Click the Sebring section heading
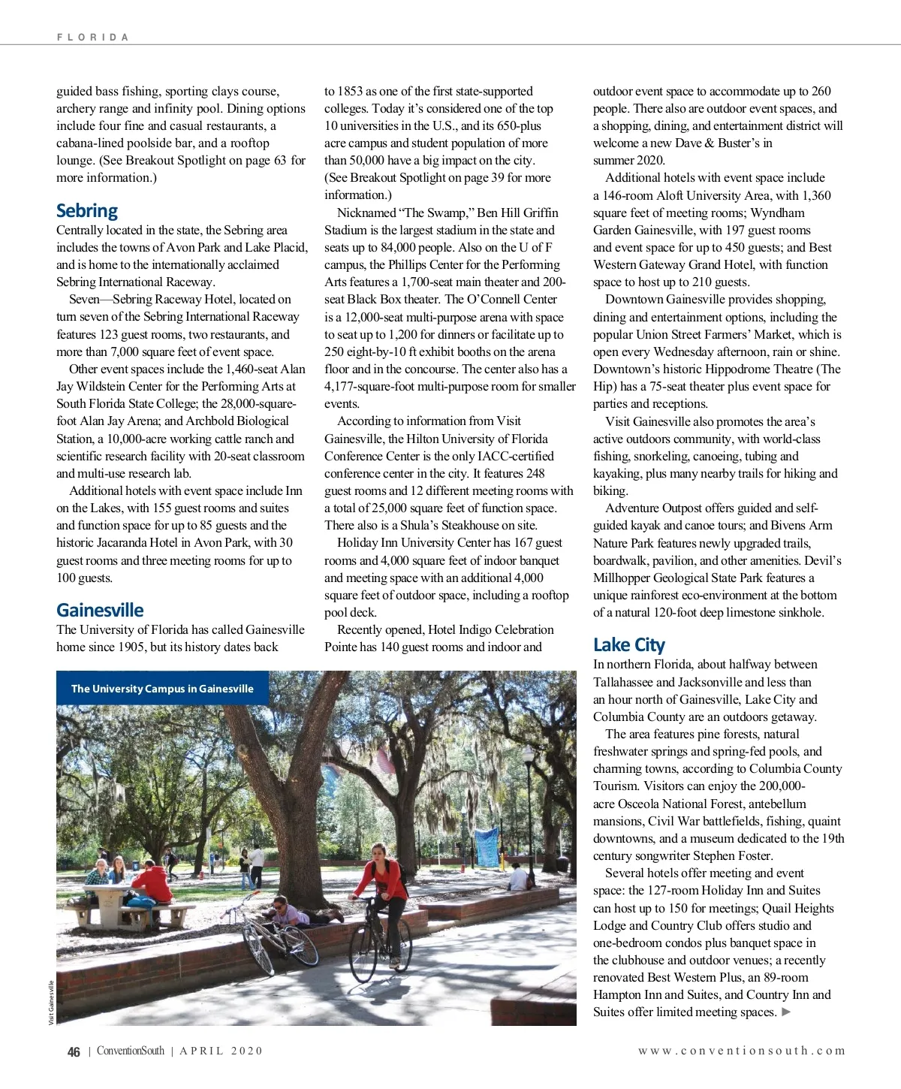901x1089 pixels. tap(87, 211)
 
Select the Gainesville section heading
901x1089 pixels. tap(100, 610)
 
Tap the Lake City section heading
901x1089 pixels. tap(628, 644)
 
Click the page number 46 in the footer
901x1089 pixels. tap(74, 1051)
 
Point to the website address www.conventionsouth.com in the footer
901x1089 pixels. tap(741, 1051)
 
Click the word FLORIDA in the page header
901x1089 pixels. tap(92, 37)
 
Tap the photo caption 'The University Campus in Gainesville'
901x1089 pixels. tap(162, 689)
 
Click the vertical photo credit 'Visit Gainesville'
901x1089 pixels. tap(51, 1003)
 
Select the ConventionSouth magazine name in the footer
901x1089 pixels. tap(130, 1051)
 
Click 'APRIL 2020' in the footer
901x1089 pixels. tap(221, 1051)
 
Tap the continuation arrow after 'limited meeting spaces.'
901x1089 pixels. tap(786, 1012)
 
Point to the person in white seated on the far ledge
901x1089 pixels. tap(518, 877)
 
